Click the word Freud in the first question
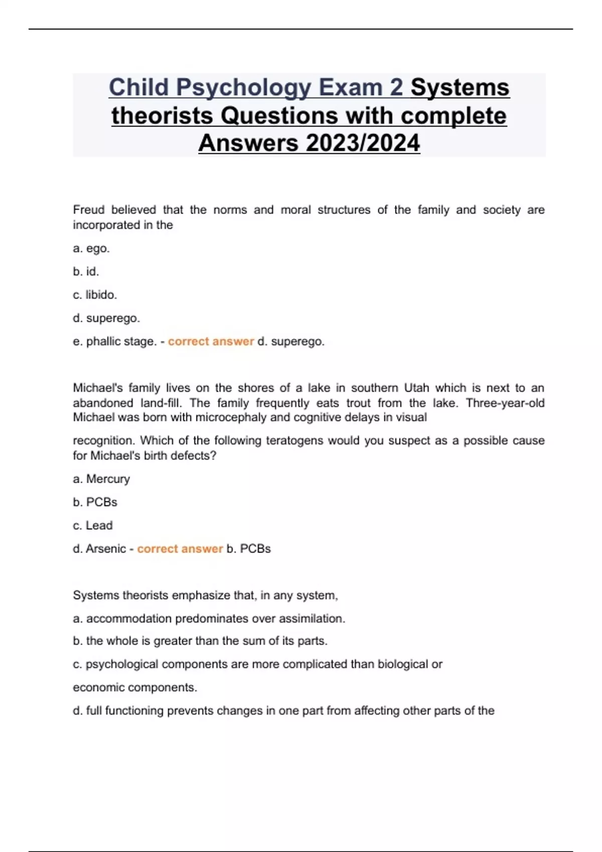point(89,209)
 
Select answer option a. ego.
point(91,249)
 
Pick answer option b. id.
point(86,272)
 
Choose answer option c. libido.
point(95,295)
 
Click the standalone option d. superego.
point(106,318)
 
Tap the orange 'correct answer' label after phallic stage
point(211,341)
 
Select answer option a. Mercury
point(101,479)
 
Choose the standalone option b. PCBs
point(95,502)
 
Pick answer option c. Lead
point(93,525)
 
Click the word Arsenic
point(106,549)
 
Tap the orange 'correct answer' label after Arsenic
point(180,549)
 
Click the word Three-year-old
point(505,403)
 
